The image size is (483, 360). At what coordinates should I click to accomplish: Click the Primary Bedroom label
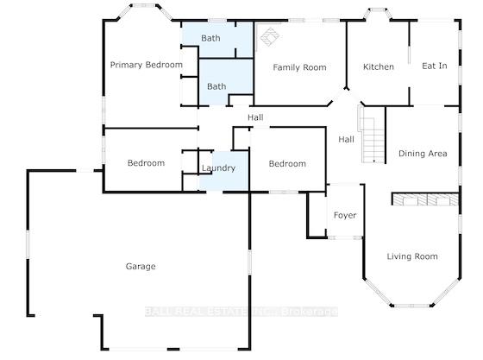pos(147,65)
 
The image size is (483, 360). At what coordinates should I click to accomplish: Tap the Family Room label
pos(300,67)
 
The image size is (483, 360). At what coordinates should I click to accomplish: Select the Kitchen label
pos(379,66)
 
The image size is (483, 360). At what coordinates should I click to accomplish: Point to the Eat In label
pos(435,66)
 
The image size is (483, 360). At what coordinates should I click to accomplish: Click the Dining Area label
pos(423,154)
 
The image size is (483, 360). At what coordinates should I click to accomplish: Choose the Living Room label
pos(412,256)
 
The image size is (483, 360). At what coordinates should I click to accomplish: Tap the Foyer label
pos(345,216)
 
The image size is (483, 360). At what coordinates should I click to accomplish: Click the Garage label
pos(141,267)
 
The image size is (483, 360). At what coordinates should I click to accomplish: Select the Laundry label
pos(218,168)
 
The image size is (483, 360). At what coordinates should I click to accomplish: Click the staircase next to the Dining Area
pos(372,134)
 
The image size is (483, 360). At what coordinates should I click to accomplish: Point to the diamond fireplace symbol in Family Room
pos(269,37)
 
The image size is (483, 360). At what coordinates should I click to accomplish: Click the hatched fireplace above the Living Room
pos(425,199)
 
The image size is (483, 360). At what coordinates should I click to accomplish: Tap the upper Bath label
pos(210,38)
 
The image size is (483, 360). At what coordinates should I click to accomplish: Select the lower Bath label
pos(216,86)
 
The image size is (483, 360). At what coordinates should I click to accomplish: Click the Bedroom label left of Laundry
pos(146,163)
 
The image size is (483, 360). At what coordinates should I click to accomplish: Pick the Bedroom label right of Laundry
pos(287,164)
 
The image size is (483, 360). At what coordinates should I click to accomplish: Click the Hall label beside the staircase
pos(346,140)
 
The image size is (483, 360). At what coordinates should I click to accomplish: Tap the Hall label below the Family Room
pos(255,117)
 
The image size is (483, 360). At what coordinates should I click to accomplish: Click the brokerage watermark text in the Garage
pos(241,312)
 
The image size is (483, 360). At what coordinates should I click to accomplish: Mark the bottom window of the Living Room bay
pos(412,306)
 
